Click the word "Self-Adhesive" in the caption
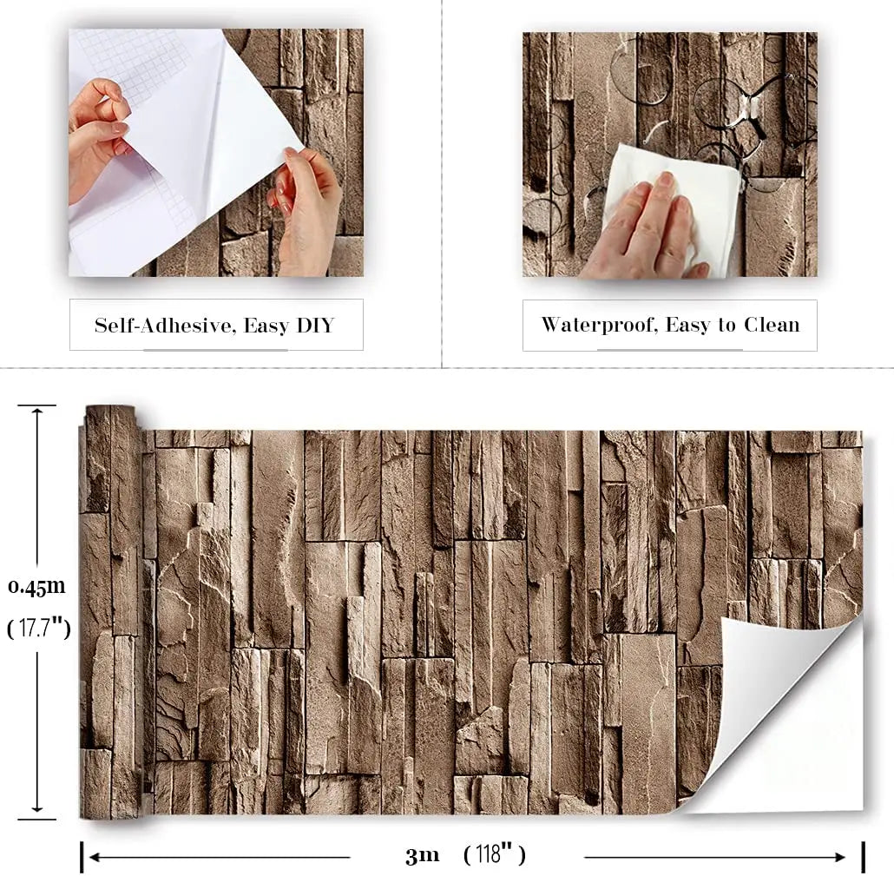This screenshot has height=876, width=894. click(164, 326)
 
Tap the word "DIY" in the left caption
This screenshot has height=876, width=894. click(314, 326)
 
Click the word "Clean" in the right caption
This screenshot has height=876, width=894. click(771, 326)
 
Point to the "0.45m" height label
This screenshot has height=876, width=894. click(36, 587)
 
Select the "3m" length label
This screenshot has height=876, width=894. click(423, 856)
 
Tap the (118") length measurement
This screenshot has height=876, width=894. click(495, 855)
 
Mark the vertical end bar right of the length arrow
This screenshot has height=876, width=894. click(863, 857)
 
